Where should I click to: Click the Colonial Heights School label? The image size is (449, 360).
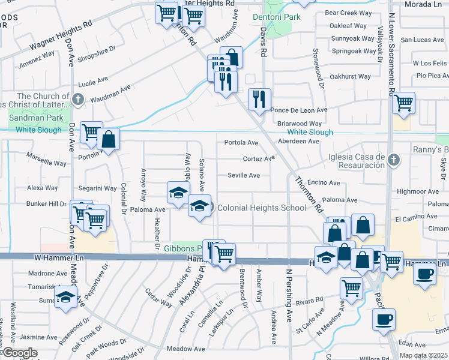coord(261,208)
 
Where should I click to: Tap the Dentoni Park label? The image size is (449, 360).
coord(276,17)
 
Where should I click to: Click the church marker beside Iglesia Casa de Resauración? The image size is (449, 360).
coord(393,160)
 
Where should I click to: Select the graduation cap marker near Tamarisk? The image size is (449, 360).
coord(65,297)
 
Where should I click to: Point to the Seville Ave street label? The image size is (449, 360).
coord(244,175)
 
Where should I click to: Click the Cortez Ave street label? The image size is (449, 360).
coord(259,159)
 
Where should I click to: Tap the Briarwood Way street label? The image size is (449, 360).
coord(300,124)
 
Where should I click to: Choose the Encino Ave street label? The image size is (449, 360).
coord(323,183)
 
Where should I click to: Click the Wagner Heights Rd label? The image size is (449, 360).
coord(62,38)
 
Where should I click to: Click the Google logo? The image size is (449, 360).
coord(20,353)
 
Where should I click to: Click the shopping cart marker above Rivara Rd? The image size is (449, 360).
coord(351,288)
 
